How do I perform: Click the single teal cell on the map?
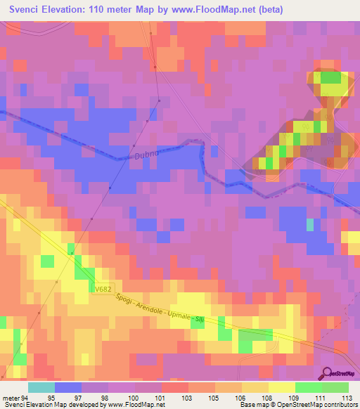click(310, 225)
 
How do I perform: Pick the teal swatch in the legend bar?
click(41, 387)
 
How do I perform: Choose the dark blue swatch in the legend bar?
click(68, 387)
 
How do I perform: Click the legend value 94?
click(25, 398)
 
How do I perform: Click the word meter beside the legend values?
click(11, 398)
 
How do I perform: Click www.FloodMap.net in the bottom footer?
click(133, 405)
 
